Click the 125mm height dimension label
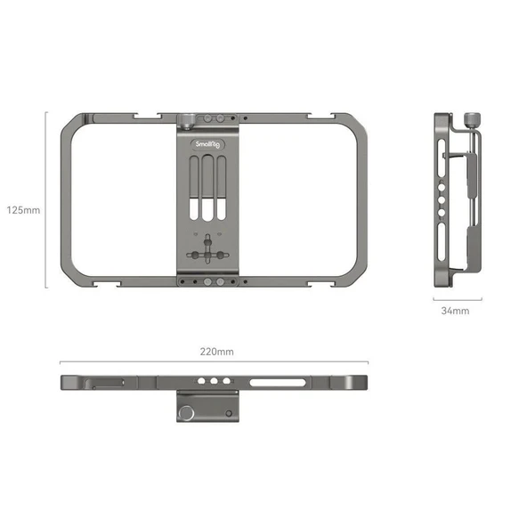(x=23, y=211)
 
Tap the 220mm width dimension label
(x=218, y=352)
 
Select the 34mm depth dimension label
(x=455, y=312)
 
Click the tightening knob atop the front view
(x=189, y=119)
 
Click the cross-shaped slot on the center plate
(x=207, y=254)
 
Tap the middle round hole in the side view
(x=443, y=198)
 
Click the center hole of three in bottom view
(x=215, y=382)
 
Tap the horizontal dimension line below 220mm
(x=214, y=363)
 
